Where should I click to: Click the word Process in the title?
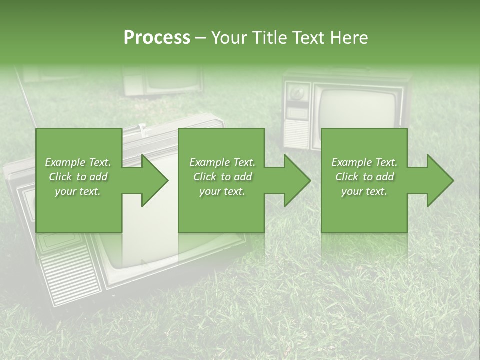pos(157,38)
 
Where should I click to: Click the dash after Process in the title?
pos(201,38)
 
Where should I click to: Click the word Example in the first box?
pos(65,162)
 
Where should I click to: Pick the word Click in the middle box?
pos(204,177)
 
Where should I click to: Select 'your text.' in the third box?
pos(364,191)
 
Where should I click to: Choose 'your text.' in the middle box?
pos(222,191)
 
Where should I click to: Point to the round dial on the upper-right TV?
pos(298,93)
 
